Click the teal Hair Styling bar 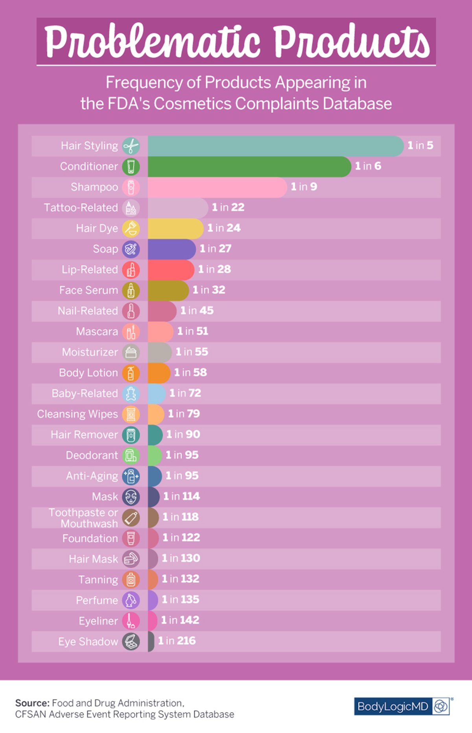[x=275, y=146]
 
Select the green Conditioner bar [x=249, y=167]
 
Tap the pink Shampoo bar [x=217, y=187]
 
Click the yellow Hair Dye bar [x=175, y=228]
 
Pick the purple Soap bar [x=171, y=249]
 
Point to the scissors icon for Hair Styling [x=131, y=146]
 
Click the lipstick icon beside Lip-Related [x=131, y=270]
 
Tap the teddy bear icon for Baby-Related [x=131, y=394]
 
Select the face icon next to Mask [x=131, y=497]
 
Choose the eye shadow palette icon [x=131, y=642]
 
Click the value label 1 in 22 [x=228, y=208]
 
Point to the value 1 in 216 [x=177, y=641]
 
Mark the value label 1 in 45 [x=197, y=311]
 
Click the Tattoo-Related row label [x=81, y=208]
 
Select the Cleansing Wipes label [x=77, y=414]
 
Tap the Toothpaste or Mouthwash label [x=83, y=518]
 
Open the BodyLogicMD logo [x=403, y=706]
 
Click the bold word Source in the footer [x=32, y=703]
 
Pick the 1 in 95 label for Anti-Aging [x=182, y=476]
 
